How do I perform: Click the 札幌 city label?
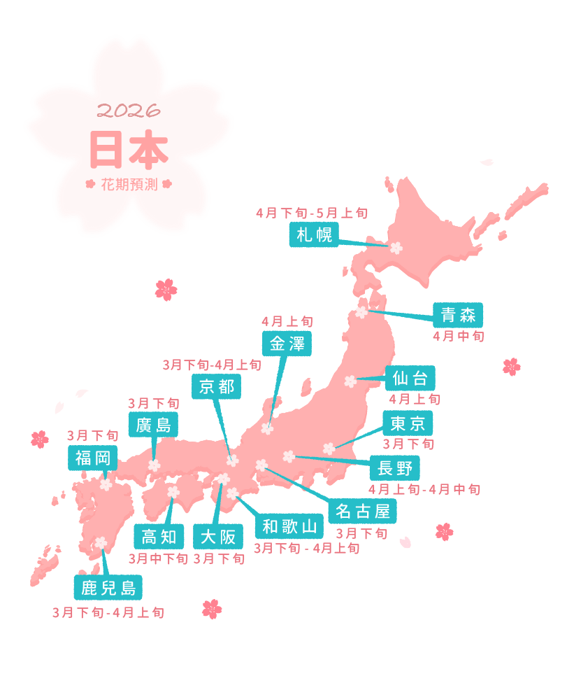click(314, 234)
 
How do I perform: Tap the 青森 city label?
click(458, 315)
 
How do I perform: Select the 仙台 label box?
click(410, 379)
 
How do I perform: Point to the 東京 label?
click(408, 423)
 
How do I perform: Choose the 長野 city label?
click(394, 467)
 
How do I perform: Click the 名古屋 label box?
click(362, 511)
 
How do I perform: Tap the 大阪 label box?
click(218, 537)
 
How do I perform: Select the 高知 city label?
click(159, 537)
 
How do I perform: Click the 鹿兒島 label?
click(108, 586)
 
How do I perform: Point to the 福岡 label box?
click(93, 458)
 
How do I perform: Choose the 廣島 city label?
click(154, 424)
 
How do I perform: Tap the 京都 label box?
click(217, 386)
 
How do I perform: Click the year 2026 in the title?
click(129, 111)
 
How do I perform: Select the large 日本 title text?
click(129, 148)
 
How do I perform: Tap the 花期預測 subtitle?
click(129, 185)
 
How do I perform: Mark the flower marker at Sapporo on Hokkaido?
click(396, 247)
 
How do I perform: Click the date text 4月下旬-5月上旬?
click(312, 213)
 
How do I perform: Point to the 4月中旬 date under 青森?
click(458, 336)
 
